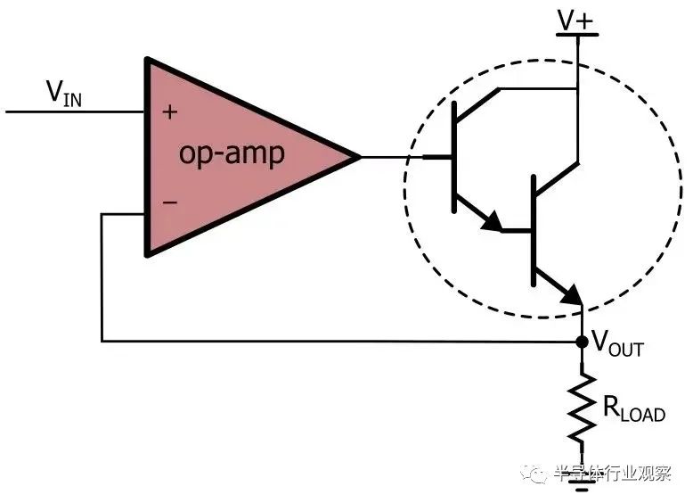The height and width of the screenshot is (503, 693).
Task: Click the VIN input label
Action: click(65, 93)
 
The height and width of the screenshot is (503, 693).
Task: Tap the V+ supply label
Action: click(575, 19)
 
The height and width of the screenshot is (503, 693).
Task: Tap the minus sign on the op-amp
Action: click(170, 202)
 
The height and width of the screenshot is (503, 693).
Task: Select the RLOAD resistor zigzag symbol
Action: click(582, 407)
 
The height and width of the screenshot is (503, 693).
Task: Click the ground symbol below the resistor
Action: click(582, 485)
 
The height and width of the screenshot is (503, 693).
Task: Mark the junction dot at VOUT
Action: click(581, 342)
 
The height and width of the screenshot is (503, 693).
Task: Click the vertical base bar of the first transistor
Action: click(454, 157)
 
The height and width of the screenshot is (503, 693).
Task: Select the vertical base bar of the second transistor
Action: click(534, 230)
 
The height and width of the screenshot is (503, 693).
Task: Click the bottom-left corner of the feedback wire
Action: click(102, 341)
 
